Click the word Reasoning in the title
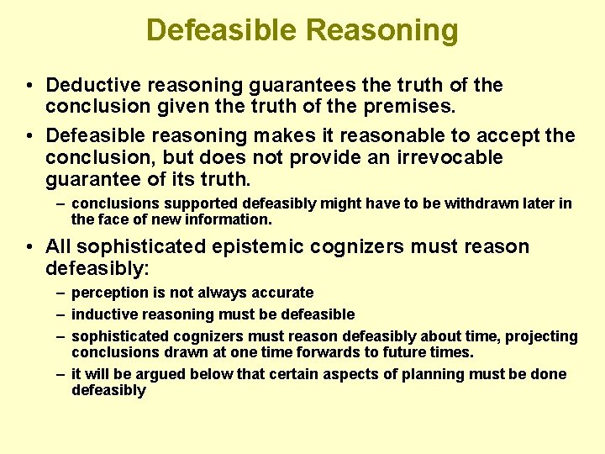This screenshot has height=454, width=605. pyautogui.click(x=382, y=31)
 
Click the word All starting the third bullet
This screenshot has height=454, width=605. pyautogui.click(x=60, y=246)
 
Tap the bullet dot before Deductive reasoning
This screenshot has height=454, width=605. pyautogui.click(x=29, y=86)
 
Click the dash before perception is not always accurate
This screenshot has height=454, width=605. pyautogui.click(x=61, y=293)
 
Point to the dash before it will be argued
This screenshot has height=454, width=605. pyautogui.click(x=61, y=374)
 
